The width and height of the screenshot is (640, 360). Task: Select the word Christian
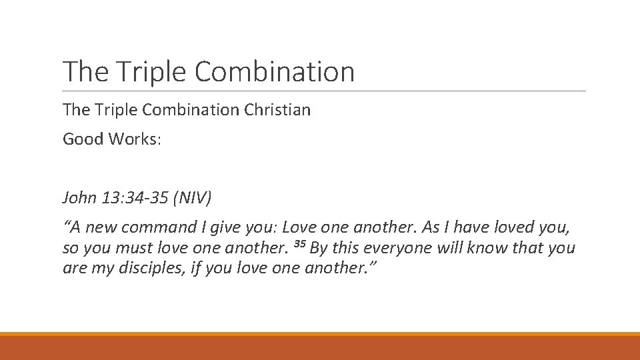click(x=277, y=109)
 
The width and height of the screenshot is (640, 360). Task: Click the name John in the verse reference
click(x=78, y=197)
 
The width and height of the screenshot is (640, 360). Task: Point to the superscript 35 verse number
click(x=299, y=245)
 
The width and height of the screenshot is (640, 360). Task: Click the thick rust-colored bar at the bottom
click(x=320, y=348)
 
